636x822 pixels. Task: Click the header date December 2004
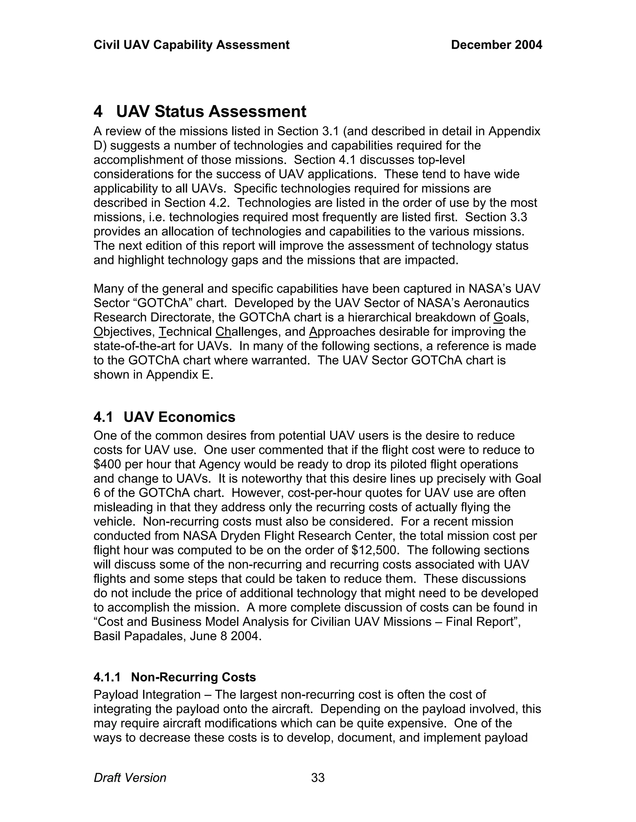496,45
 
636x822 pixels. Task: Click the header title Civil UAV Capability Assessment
191,45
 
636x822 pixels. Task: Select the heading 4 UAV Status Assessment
200,112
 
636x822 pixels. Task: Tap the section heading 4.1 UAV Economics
164,417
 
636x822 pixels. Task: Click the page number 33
318,778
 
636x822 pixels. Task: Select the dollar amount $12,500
375,550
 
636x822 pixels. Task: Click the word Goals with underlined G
511,318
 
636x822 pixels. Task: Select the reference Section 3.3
496,217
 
